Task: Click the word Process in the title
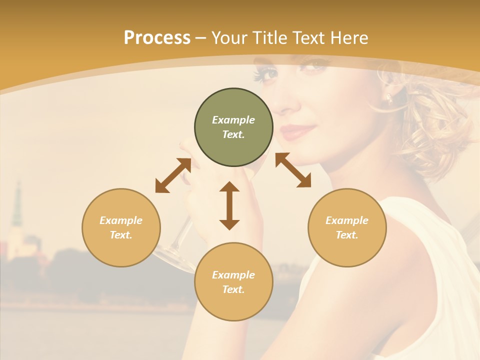coord(157,38)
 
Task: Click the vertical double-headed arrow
coord(229,205)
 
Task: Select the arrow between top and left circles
coord(173,175)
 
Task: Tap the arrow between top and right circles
coord(293,170)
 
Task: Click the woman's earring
coord(388,97)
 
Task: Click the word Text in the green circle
coord(233,134)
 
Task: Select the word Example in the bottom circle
coord(233,274)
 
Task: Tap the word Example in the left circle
coord(121,220)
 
